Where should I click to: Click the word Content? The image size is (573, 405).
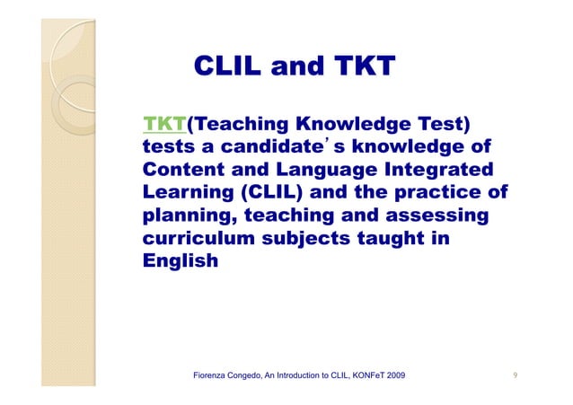181,170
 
